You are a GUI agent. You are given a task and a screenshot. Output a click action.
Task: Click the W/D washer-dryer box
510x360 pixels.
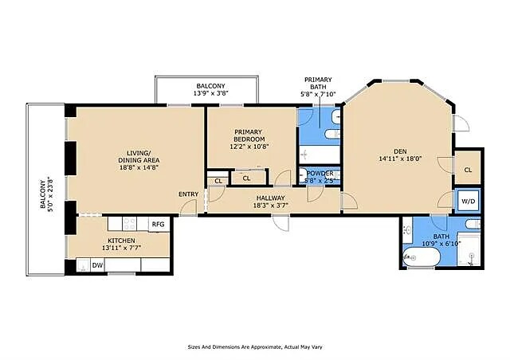tap(468, 202)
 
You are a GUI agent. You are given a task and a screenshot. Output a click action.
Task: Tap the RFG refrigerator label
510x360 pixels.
tap(158, 224)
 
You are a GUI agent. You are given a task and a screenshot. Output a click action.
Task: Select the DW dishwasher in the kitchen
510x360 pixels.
tap(97, 265)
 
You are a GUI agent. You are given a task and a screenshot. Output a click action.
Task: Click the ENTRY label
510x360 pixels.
tap(188, 194)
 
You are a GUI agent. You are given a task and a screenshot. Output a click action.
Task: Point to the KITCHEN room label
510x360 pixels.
tap(121, 241)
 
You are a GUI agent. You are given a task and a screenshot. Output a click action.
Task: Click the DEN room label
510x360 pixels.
tap(400, 150)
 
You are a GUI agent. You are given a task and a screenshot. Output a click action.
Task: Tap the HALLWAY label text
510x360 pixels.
tap(272, 198)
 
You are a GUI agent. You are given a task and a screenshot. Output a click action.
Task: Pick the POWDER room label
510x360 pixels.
tap(320, 174)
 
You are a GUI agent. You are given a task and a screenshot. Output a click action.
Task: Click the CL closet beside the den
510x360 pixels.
tap(468, 169)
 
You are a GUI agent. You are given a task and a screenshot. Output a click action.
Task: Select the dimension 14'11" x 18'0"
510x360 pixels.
tap(400, 158)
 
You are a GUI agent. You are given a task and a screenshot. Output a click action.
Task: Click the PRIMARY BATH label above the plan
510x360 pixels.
tap(319, 84)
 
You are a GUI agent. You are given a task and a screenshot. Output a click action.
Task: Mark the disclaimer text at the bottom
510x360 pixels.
tap(255, 346)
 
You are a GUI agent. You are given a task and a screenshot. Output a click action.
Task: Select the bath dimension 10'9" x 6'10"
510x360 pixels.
tap(441, 243)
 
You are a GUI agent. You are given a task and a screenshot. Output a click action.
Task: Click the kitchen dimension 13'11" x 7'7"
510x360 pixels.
tap(121, 248)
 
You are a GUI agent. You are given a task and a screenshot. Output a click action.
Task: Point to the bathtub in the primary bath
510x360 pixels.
tap(319, 153)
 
